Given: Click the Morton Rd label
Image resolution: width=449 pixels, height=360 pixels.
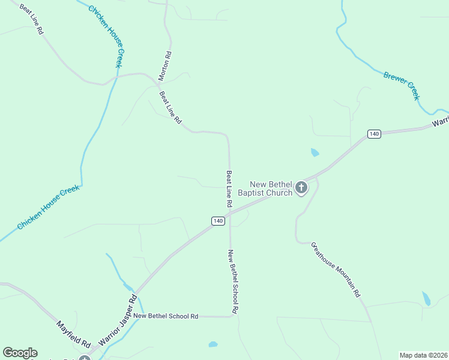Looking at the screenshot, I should [165, 66].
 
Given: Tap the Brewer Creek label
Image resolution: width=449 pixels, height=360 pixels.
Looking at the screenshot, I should [401, 85].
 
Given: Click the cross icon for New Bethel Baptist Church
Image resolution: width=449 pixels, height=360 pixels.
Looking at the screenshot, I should [301, 188].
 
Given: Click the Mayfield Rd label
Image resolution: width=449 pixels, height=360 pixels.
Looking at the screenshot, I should [73, 335].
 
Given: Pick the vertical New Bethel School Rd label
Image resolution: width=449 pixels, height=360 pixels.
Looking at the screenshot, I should [233, 281].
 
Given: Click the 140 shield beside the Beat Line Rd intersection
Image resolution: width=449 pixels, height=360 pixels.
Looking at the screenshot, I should [218, 221].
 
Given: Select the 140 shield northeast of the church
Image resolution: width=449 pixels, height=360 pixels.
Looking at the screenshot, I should [375, 134].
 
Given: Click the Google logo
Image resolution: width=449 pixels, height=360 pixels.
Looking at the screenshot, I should [20, 353].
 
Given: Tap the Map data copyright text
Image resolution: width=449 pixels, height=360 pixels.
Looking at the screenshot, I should [423, 355].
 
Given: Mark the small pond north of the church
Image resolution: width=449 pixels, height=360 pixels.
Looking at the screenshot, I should [315, 153].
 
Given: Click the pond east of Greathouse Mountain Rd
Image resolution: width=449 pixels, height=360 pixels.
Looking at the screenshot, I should [426, 298].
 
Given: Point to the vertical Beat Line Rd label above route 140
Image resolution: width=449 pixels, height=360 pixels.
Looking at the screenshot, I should [229, 189].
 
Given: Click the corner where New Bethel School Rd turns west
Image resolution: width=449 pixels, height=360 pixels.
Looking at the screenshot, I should [231, 316].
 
